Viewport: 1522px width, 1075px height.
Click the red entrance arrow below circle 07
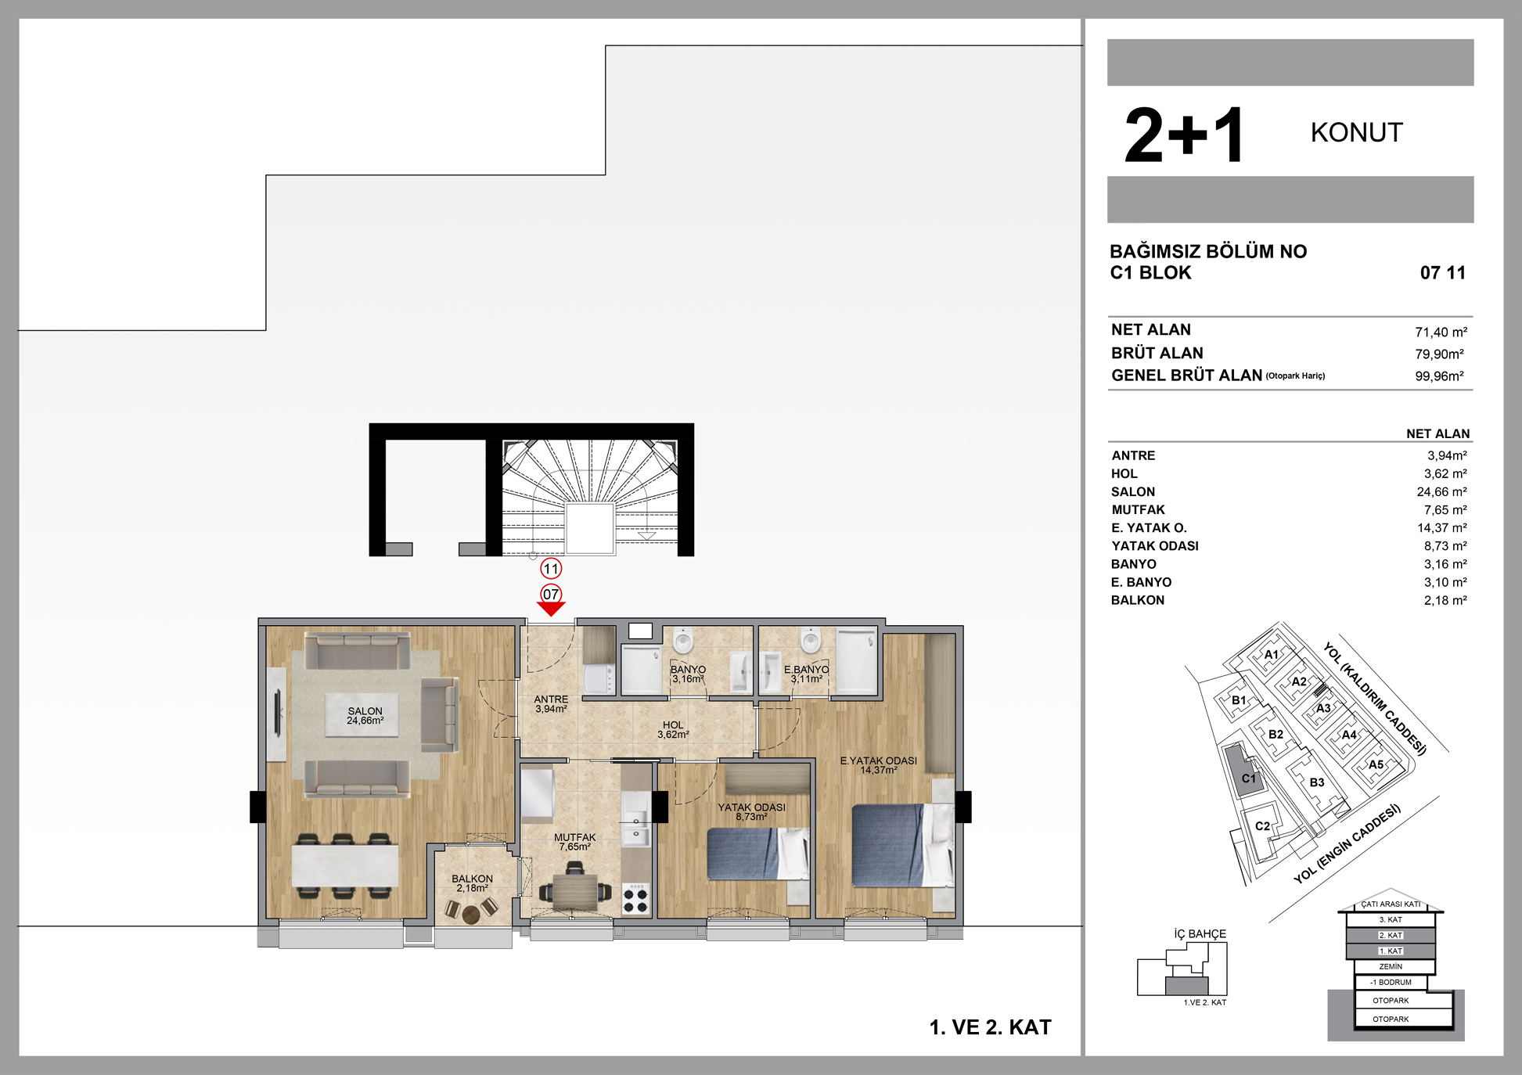[551, 609]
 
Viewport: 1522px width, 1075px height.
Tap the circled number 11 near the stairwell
[551, 569]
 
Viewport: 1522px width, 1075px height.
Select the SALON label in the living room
[365, 711]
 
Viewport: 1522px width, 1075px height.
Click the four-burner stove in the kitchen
[636, 899]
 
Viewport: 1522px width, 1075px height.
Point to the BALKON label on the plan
[472, 879]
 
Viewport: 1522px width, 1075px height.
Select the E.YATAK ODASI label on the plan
[878, 760]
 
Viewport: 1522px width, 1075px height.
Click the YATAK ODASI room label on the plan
[751, 807]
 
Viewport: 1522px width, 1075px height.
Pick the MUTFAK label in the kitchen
[575, 837]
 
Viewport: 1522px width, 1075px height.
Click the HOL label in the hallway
[673, 725]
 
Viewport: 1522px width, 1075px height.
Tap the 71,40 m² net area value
[1441, 332]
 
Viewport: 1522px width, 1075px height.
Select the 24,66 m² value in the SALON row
[1441, 491]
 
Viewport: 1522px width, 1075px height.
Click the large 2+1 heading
[1184, 135]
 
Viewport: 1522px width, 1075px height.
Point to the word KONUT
[1357, 132]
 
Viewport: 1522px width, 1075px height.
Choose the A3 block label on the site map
[1323, 708]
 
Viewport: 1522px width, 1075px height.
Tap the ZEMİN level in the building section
[1391, 966]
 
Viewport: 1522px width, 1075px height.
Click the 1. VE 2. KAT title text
[990, 1027]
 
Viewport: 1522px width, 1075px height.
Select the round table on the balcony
[470, 913]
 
